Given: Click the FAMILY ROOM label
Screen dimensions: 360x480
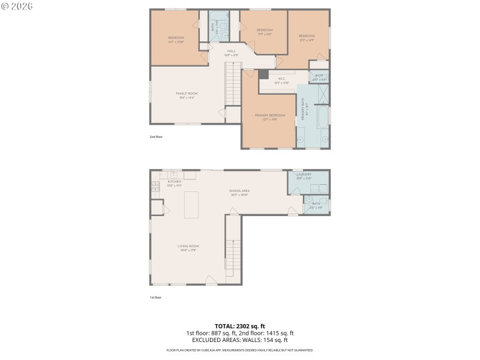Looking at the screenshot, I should pyautogui.click(x=187, y=94).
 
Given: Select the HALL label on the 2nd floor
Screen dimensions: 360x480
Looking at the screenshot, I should pyautogui.click(x=231, y=52).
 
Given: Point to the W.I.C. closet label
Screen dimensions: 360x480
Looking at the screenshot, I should pyautogui.click(x=281, y=79).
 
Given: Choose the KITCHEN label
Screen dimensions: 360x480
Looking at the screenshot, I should pyautogui.click(x=174, y=181).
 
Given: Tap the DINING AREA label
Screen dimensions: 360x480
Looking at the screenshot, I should pyautogui.click(x=239, y=191).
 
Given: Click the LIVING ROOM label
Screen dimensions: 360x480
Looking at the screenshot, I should pyautogui.click(x=188, y=246).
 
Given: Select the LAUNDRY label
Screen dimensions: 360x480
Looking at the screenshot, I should pyautogui.click(x=304, y=175).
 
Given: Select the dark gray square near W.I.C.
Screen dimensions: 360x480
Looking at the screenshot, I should pyautogui.click(x=263, y=74).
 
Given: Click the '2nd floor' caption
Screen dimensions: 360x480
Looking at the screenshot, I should pyautogui.click(x=156, y=137).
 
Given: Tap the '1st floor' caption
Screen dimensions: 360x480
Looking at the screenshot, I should pyautogui.click(x=155, y=297).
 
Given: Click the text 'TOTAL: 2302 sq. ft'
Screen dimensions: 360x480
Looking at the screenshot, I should pyautogui.click(x=239, y=326).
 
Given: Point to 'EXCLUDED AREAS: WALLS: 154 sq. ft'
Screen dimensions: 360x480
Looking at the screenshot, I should pyautogui.click(x=239, y=339).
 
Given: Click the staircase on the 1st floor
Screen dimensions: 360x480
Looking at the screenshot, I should pyautogui.click(x=233, y=252).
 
